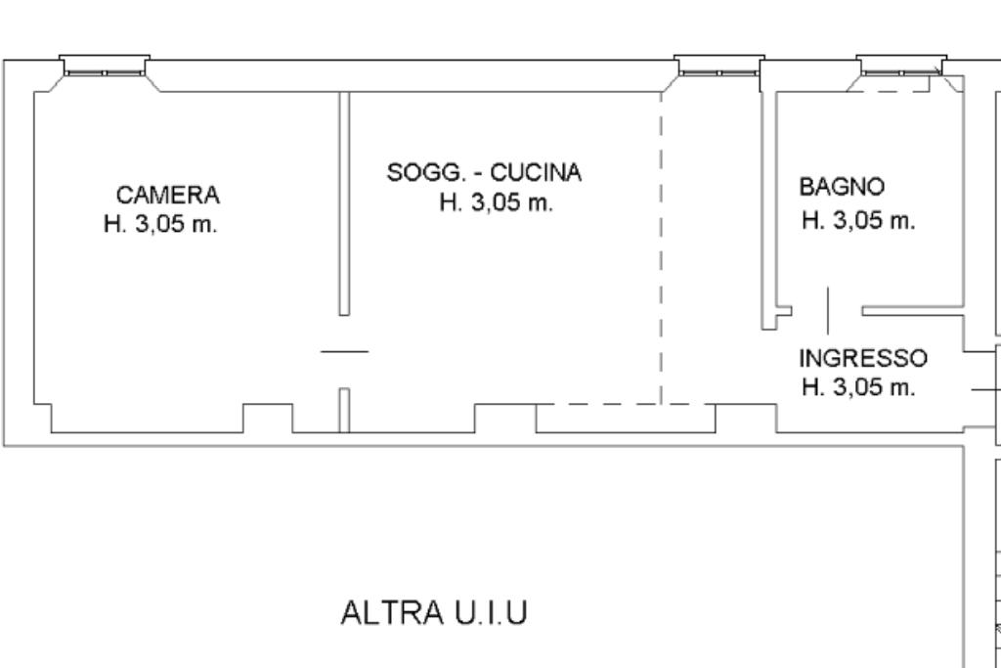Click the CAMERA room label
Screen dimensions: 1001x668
168,195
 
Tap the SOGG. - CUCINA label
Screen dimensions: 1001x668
485,172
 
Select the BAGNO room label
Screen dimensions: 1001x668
842,187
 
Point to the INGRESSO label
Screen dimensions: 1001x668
863,358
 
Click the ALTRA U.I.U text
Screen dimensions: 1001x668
435,612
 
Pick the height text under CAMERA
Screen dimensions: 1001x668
160,224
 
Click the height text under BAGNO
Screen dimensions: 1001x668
858,221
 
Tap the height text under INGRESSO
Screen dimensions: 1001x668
858,387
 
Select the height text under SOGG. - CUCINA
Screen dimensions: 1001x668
496,202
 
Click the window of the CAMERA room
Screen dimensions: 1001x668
105,66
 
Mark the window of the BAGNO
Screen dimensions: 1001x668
901,66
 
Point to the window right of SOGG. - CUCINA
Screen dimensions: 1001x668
719,66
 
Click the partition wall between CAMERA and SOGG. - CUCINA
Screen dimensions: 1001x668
344,203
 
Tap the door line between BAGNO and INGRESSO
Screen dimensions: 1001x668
829,311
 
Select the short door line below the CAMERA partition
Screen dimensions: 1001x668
345,351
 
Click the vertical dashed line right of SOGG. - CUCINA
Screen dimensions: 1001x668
662,247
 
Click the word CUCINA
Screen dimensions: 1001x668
537,172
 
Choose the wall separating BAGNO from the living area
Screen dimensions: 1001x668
768,210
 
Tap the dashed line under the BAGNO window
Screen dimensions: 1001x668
890,91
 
